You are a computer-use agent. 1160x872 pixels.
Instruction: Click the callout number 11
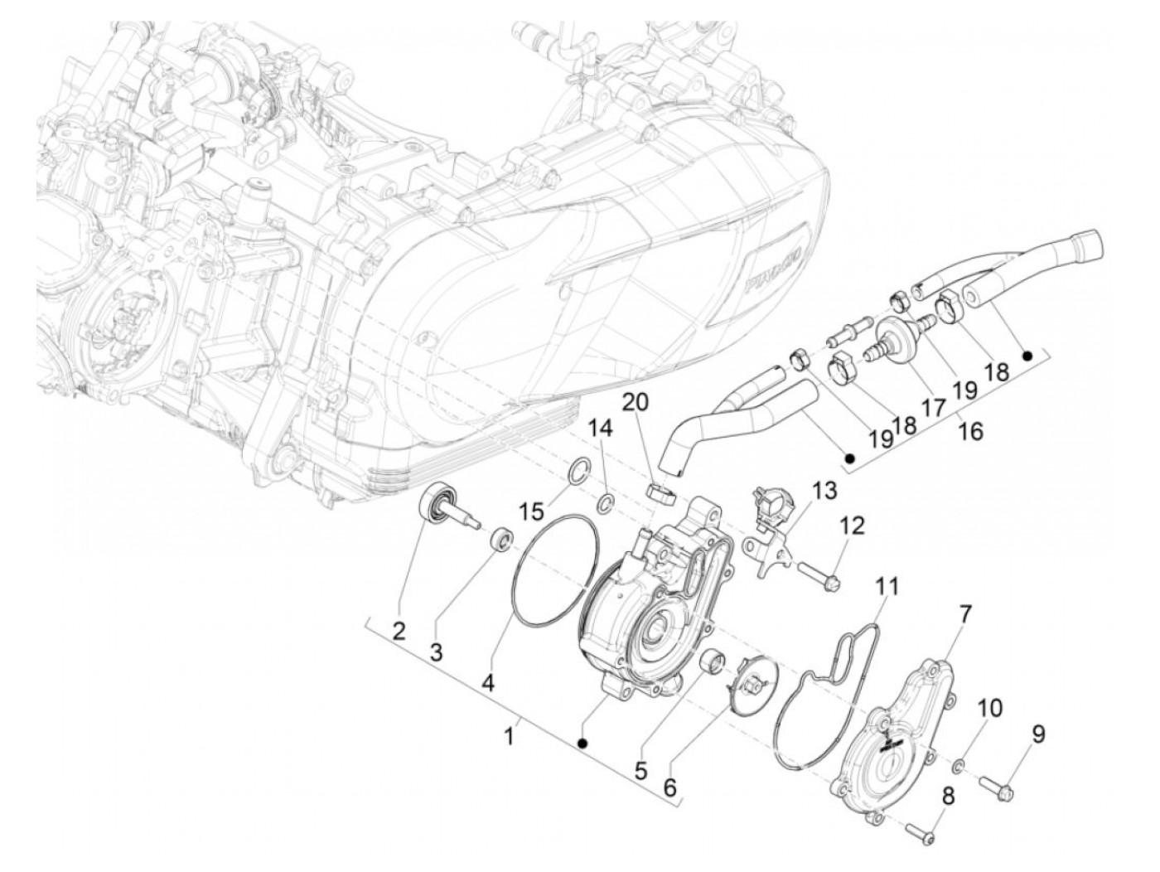click(887, 589)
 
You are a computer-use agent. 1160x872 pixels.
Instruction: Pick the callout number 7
click(966, 613)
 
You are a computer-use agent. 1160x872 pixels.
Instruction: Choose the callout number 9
click(1039, 733)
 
